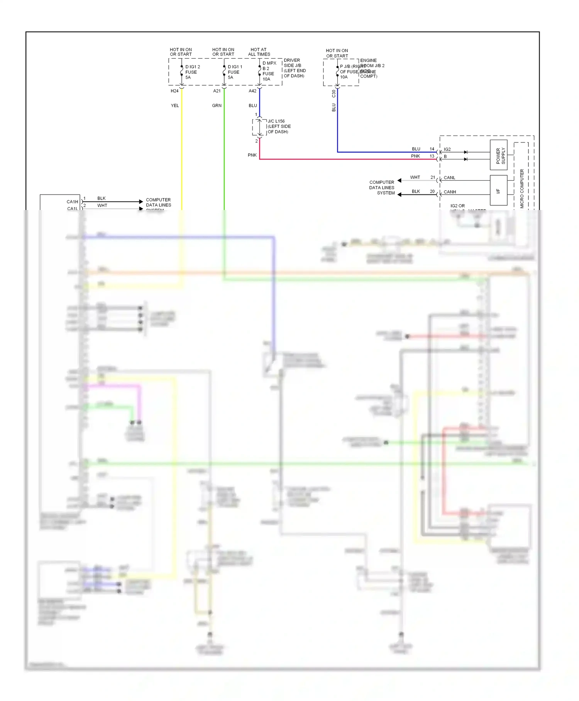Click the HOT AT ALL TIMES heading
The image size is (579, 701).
pyautogui.click(x=259, y=52)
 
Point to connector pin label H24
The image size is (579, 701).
pyautogui.click(x=174, y=91)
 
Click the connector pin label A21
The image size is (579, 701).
pyautogui.click(x=217, y=91)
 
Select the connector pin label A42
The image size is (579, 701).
pyautogui.click(x=252, y=91)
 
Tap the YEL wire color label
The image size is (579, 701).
pyautogui.click(x=175, y=105)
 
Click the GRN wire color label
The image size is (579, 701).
pyautogui.click(x=217, y=105)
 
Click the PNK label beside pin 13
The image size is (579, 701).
pyautogui.click(x=415, y=156)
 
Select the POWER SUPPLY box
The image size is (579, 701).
pyautogui.click(x=498, y=155)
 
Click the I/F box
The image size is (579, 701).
pyautogui.click(x=498, y=190)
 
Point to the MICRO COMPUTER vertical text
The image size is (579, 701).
pyautogui.click(x=522, y=188)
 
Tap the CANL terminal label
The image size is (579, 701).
pyautogui.click(x=449, y=178)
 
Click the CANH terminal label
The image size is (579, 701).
pyautogui.click(x=450, y=192)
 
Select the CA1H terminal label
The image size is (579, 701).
pyautogui.click(x=72, y=201)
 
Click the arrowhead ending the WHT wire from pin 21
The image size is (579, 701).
pyautogui.click(x=400, y=180)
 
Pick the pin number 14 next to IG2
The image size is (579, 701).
pyautogui.click(x=432, y=149)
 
